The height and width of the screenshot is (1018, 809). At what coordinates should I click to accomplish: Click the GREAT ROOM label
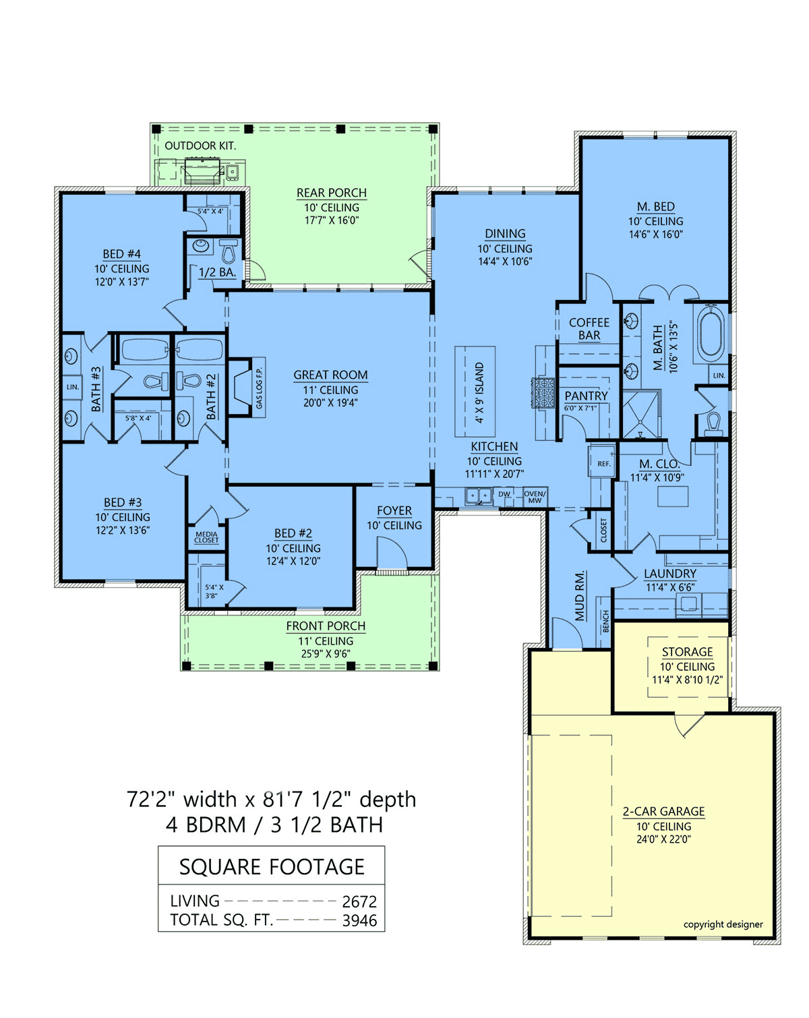[x=330, y=375]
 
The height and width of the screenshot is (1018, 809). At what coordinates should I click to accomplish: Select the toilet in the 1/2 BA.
[x=229, y=251]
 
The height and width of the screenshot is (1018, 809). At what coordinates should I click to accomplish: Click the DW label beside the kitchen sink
[x=504, y=494]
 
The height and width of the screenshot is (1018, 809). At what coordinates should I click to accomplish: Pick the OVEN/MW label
[x=535, y=497]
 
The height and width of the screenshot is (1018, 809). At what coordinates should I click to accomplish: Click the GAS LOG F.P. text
[x=259, y=388]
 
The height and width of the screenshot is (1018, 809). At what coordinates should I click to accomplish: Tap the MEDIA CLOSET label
[x=206, y=537]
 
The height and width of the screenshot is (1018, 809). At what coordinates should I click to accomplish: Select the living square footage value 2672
[x=359, y=901]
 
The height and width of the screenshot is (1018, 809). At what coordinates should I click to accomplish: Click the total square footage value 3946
[x=359, y=920]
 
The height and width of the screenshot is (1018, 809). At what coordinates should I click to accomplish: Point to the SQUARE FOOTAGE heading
[x=272, y=866]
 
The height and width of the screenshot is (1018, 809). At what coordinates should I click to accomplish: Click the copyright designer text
[x=723, y=924]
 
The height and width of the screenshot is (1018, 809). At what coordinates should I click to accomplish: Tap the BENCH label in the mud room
[x=605, y=621]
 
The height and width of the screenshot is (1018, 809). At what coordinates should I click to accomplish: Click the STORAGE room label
[x=687, y=651]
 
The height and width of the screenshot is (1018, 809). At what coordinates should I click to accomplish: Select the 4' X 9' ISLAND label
[x=479, y=392]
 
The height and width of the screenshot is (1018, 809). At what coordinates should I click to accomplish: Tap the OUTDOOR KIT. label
[x=200, y=146]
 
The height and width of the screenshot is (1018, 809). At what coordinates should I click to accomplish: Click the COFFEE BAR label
[x=589, y=329]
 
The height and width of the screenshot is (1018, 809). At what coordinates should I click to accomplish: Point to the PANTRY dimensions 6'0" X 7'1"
[x=580, y=408]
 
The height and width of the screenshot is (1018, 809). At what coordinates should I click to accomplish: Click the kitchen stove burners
[x=543, y=392]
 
